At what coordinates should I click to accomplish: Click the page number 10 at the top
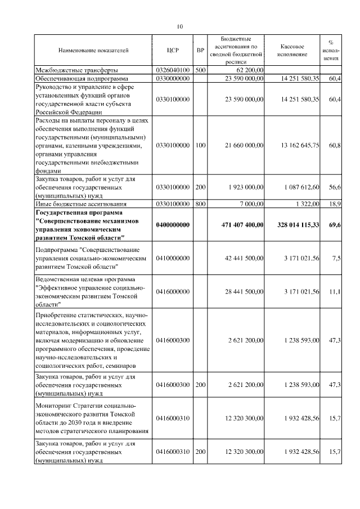(x=180, y=26)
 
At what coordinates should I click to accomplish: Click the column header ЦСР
(x=173, y=51)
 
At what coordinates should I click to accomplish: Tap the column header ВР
(x=200, y=51)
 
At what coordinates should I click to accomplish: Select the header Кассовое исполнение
(x=292, y=51)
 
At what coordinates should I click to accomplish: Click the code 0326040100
(x=173, y=70)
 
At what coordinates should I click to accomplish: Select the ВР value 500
(x=200, y=70)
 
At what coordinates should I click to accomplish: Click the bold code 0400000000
(x=173, y=224)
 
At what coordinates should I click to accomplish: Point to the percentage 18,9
(x=335, y=204)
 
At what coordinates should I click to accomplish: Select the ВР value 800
(x=200, y=204)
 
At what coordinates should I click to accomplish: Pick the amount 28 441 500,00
(x=244, y=291)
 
